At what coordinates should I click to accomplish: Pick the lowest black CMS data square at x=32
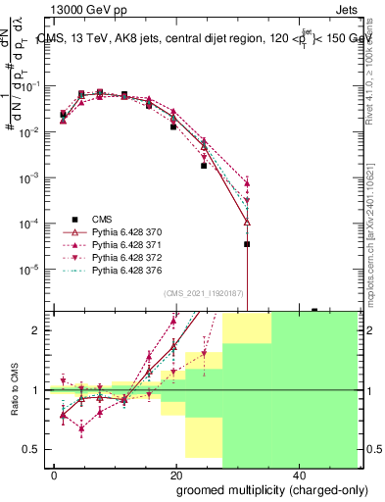point(247,244)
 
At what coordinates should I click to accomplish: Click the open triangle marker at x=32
point(247,223)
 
